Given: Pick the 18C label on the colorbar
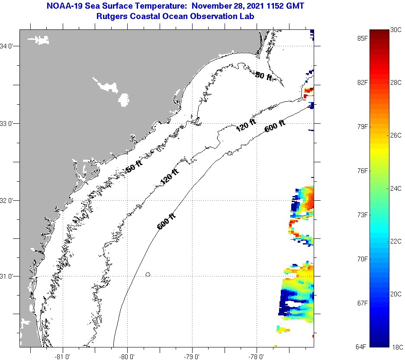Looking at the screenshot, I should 397,347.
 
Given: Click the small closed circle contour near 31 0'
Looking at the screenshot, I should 148,274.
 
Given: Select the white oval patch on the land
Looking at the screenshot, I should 124,100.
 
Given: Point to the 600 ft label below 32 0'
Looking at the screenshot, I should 167,221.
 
